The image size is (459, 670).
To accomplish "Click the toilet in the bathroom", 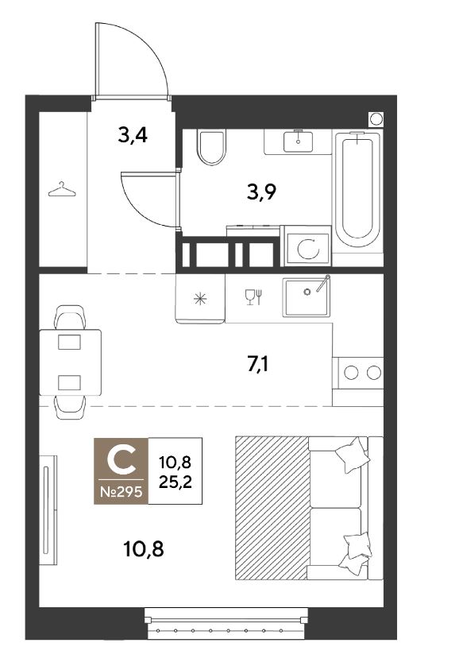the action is tap(210, 147).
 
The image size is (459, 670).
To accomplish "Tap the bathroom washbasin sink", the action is tap(298, 141).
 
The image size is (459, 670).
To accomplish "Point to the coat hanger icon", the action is tap(62, 189).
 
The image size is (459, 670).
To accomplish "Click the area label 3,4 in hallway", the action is tap(133, 135).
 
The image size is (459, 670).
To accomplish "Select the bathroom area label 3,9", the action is tap(262, 192).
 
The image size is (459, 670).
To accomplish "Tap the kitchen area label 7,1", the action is tap(258, 365).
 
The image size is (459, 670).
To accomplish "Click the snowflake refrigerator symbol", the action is tap(200, 298).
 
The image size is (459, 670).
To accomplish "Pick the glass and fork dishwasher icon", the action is tap(253, 297).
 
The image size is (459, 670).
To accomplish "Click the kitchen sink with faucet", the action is tap(307, 296).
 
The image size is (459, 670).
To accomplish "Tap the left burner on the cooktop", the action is tap(351, 373).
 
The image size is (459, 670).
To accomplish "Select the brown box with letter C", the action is tap(121, 471).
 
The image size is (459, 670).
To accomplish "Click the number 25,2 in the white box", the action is tap(175, 482).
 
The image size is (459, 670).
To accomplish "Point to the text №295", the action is tap(121, 492).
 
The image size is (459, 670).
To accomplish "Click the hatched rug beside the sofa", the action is tap(272, 508).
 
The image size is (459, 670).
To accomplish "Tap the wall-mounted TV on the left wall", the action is tap(48, 510).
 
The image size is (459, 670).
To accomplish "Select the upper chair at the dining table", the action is tap(70, 316).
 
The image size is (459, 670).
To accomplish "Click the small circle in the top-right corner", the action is tap(376, 119).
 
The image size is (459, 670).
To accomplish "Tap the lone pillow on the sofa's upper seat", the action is tap(353, 455).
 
